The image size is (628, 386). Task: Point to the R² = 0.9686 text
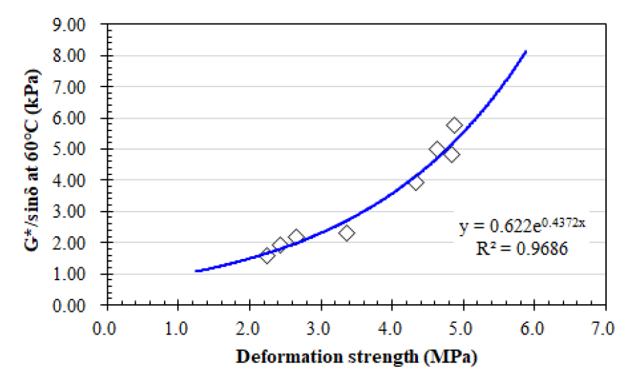pyautogui.click(x=522, y=249)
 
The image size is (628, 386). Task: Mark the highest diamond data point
pyautogui.click(x=454, y=125)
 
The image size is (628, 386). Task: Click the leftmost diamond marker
pyautogui.click(x=268, y=256)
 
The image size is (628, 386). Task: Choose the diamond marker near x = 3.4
pyautogui.click(x=347, y=233)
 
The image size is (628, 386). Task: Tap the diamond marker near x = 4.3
pyautogui.click(x=416, y=182)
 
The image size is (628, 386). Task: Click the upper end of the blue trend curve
pyautogui.click(x=526, y=52)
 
